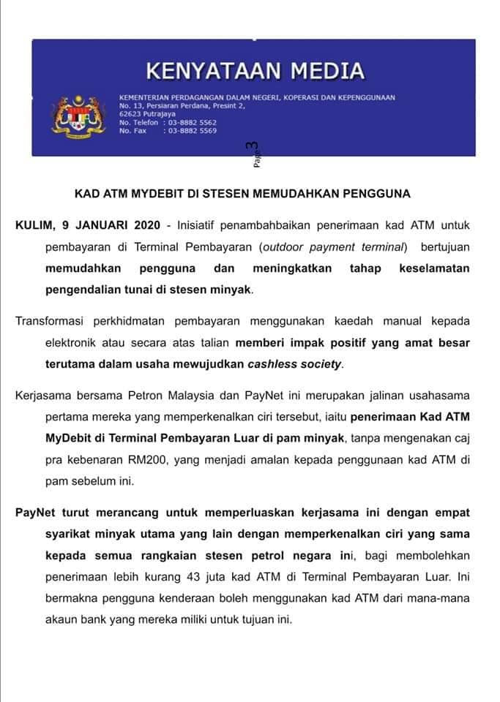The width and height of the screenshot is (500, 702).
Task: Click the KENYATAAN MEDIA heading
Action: tap(255, 71)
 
